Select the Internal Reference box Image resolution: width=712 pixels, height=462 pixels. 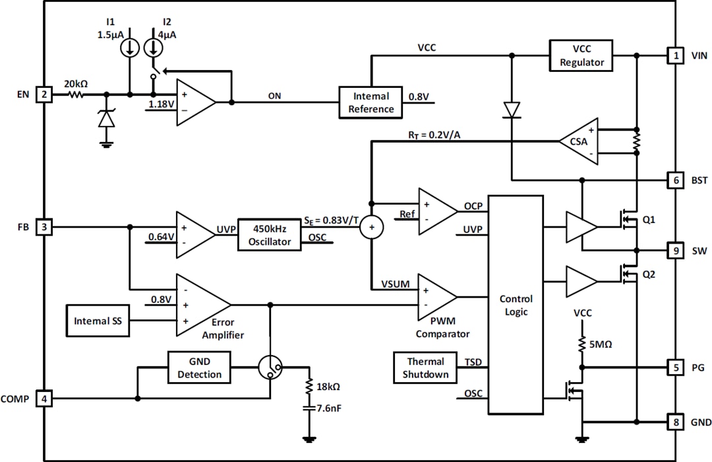[x=371, y=102]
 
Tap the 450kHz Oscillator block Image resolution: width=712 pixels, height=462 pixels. [x=269, y=234]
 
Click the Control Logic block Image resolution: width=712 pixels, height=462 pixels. [x=516, y=304]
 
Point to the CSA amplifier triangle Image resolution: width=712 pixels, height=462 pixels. [x=577, y=141]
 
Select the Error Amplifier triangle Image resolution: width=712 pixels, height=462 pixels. [x=200, y=305]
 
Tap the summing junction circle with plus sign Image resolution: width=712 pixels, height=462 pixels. [x=371, y=227]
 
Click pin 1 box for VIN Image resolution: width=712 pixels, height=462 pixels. [x=675, y=56]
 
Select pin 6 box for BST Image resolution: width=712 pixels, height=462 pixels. [x=675, y=180]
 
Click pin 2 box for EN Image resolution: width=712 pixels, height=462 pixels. [x=44, y=94]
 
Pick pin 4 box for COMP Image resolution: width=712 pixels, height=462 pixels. [x=44, y=399]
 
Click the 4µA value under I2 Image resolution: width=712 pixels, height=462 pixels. [x=167, y=34]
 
